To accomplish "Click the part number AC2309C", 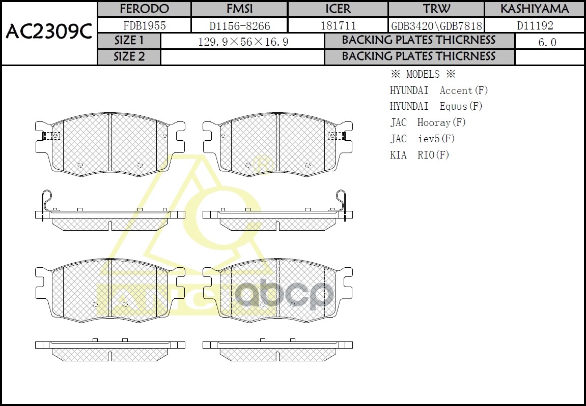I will (x=48, y=32).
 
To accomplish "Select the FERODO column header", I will (x=144, y=9).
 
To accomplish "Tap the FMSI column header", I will (x=239, y=9).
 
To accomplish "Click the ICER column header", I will (x=338, y=9).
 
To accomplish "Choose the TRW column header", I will (x=436, y=9).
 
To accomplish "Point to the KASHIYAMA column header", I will (x=535, y=9).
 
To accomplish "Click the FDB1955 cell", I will (x=144, y=25).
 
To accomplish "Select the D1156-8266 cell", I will (x=239, y=25).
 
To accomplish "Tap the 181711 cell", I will (x=338, y=25).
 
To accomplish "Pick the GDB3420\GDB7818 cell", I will (x=436, y=25).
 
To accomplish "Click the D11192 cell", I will (x=535, y=25).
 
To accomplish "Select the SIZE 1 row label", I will (x=129, y=41).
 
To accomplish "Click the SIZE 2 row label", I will (x=129, y=56).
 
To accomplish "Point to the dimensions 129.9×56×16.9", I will (x=243, y=42).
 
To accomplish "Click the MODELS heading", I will (x=423, y=74).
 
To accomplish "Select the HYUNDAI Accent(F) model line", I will (x=439, y=90).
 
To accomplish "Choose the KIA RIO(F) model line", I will (x=420, y=155).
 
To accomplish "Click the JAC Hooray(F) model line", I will (x=428, y=122).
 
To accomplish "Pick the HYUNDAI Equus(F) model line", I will (x=436, y=106).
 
